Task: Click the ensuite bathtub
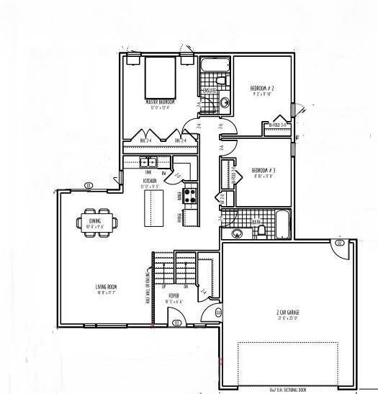(213, 66)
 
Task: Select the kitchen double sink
(149, 161)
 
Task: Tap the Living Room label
(107, 289)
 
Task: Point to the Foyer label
(174, 296)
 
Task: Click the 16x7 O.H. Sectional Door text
(287, 390)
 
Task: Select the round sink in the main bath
(237, 233)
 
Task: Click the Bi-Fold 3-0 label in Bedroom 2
(278, 125)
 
